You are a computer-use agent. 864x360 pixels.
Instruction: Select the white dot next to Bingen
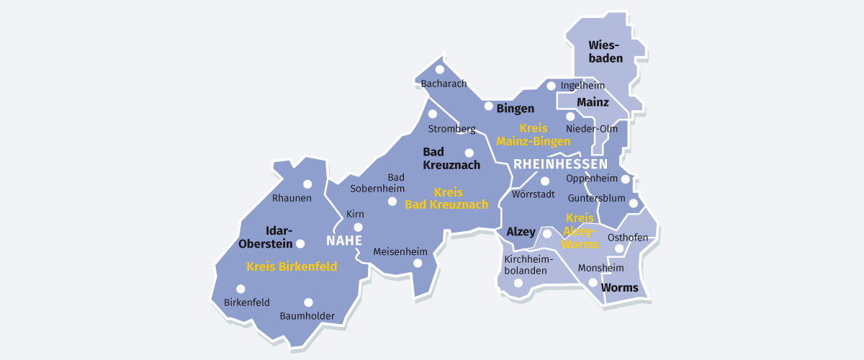pyautogui.click(x=488, y=107)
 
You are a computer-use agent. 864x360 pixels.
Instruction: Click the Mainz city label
pyautogui.click(x=593, y=102)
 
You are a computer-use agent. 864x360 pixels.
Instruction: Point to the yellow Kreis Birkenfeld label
pyautogui.click(x=292, y=266)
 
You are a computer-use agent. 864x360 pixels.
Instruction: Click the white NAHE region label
pyautogui.click(x=344, y=240)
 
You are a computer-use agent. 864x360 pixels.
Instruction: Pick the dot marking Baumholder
pyautogui.click(x=308, y=302)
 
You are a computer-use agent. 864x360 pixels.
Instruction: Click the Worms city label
pyautogui.click(x=619, y=288)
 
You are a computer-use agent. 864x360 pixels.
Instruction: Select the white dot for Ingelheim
pyautogui.click(x=551, y=86)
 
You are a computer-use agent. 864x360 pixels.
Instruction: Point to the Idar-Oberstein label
pyautogui.click(x=279, y=237)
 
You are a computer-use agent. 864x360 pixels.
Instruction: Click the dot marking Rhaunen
pyautogui.click(x=307, y=184)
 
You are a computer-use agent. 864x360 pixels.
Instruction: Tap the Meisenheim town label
pyautogui.click(x=400, y=252)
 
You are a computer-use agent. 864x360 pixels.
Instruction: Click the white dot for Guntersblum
pyautogui.click(x=633, y=203)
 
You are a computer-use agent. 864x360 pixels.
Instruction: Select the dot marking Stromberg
pyautogui.click(x=432, y=114)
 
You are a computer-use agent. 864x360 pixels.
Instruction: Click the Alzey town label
pyautogui.click(x=521, y=232)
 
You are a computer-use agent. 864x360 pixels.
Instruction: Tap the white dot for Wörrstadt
pyautogui.click(x=545, y=181)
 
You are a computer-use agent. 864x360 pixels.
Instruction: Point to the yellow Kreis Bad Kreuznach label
pyautogui.click(x=446, y=199)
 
